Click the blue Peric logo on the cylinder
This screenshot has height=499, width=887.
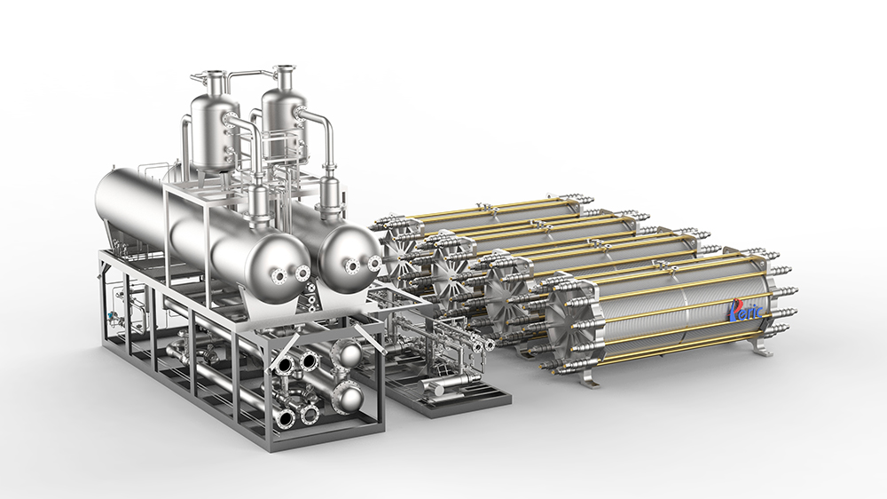pyautogui.click(x=746, y=309)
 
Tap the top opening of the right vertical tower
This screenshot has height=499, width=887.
pyautogui.click(x=284, y=70)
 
